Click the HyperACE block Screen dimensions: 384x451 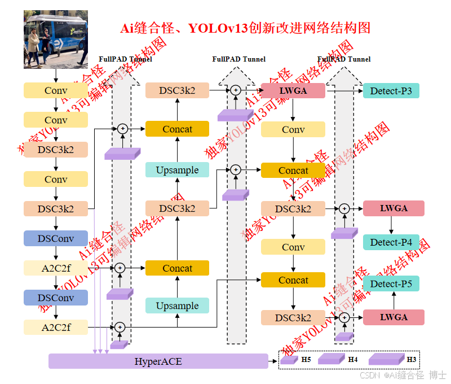click(158, 361)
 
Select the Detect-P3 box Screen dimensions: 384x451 click(391, 90)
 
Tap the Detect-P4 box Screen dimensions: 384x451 click(391, 242)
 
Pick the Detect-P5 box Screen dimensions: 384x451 click(391, 283)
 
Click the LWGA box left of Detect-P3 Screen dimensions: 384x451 click(293, 90)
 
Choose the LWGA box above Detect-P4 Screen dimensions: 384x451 click(393, 208)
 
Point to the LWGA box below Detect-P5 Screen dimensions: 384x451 click(393, 317)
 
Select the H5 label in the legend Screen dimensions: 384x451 click(306, 359)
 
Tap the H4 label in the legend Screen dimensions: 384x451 click(353, 359)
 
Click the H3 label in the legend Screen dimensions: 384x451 click(412, 359)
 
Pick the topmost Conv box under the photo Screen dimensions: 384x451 click(56, 90)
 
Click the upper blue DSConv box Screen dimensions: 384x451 click(56, 238)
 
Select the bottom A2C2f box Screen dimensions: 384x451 click(56, 327)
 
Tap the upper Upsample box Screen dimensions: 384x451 click(177, 170)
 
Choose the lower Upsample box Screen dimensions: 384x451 click(177, 306)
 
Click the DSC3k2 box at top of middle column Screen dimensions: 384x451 click(177, 90)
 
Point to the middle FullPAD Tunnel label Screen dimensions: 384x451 click(238, 59)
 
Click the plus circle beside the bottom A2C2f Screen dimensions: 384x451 click(120, 327)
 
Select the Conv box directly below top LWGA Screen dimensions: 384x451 click(293, 130)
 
